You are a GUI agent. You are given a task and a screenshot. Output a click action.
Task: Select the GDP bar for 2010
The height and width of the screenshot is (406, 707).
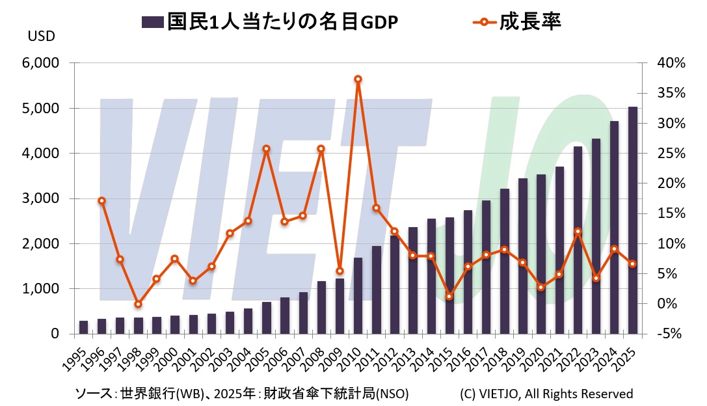point(358,295)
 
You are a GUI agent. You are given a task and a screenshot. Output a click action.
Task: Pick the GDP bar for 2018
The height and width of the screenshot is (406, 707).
point(504,261)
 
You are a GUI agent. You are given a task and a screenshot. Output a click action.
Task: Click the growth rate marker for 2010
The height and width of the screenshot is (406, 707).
point(358,79)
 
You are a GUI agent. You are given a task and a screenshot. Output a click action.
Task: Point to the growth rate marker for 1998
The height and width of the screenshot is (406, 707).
point(138,304)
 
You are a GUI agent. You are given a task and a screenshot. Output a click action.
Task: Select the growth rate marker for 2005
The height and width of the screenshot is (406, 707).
point(266,148)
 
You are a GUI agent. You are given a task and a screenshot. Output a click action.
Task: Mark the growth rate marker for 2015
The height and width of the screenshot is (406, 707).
point(449,297)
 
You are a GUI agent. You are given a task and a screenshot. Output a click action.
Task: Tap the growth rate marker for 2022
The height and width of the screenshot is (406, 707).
point(578,231)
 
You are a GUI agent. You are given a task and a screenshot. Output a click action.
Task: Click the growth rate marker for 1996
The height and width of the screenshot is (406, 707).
point(101,200)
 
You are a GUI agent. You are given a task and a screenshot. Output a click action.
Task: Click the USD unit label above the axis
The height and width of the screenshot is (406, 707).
point(41,36)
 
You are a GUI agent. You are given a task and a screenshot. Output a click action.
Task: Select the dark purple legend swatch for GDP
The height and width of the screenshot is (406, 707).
point(152,22)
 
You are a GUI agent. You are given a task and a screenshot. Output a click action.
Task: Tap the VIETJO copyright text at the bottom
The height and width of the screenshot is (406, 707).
point(546,394)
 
